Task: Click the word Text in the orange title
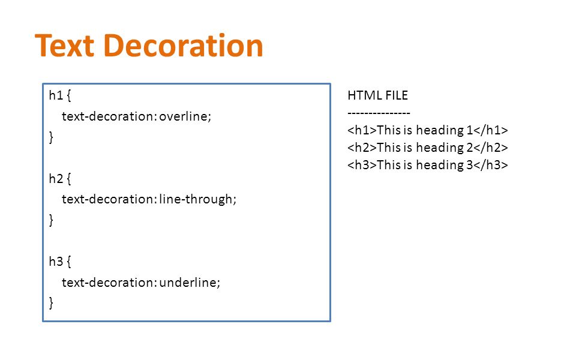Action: tap(65, 46)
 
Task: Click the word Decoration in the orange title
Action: tap(184, 46)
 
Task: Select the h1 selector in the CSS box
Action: tap(56, 95)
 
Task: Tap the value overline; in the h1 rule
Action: tap(185, 116)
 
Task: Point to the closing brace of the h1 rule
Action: tap(51, 137)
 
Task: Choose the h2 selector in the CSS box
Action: tap(56, 179)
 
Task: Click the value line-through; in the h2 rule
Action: tap(197, 199)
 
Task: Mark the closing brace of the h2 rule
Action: tap(51, 220)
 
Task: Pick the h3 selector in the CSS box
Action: tap(56, 262)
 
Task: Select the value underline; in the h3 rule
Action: tap(190, 282)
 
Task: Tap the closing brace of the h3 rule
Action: tap(51, 303)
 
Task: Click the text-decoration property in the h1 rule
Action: tap(109, 116)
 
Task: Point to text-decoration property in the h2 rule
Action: tap(109, 199)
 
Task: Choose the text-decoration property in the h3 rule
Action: tap(109, 282)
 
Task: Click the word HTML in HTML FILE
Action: tap(365, 95)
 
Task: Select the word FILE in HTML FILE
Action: tap(397, 95)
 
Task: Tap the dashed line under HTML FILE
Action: tap(379, 113)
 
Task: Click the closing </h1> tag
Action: tap(491, 130)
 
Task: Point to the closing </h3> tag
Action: tap(491, 165)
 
